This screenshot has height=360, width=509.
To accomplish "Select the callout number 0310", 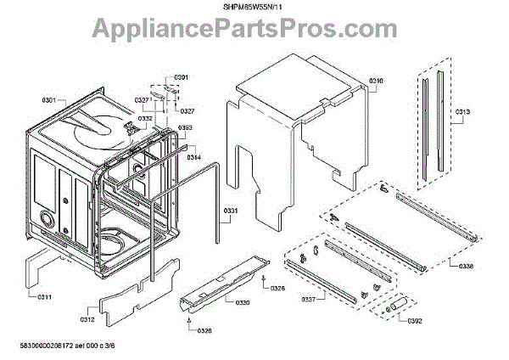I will coord(376,82).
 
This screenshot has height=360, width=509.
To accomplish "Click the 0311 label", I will coord(44,296).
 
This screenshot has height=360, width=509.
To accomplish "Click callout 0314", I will coord(194,157).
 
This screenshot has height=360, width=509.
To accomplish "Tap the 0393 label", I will coord(185,128).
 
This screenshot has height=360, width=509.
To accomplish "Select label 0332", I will coord(146,119).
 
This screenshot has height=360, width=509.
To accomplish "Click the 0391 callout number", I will coord(180,78).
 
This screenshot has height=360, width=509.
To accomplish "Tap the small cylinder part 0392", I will coord(396,306).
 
